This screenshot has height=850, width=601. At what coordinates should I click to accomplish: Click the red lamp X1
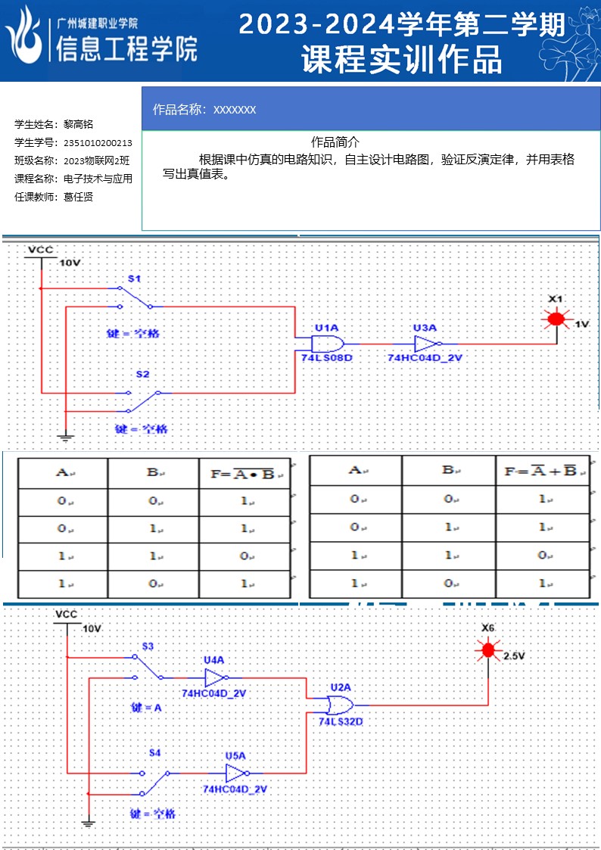(x=556, y=319)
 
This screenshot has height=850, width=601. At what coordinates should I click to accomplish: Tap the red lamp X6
(x=488, y=649)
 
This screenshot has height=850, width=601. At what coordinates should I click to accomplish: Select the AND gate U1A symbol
(x=327, y=343)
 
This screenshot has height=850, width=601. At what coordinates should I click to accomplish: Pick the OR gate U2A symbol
(x=340, y=705)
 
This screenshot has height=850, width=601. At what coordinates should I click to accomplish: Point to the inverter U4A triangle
(x=214, y=677)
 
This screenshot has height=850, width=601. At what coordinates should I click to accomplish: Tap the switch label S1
(x=134, y=279)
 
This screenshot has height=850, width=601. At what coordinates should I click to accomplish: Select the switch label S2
(x=142, y=375)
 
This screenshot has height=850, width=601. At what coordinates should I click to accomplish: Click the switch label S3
(x=148, y=646)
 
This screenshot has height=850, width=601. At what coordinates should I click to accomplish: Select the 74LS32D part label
(x=340, y=721)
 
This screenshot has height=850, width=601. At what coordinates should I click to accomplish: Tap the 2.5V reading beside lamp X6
(x=513, y=656)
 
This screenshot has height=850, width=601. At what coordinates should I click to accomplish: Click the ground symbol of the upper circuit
(x=66, y=437)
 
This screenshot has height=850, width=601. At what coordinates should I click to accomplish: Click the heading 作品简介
(x=335, y=142)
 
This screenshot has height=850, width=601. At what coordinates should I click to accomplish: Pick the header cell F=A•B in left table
(x=243, y=474)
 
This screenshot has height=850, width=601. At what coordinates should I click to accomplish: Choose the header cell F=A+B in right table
(x=541, y=471)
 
